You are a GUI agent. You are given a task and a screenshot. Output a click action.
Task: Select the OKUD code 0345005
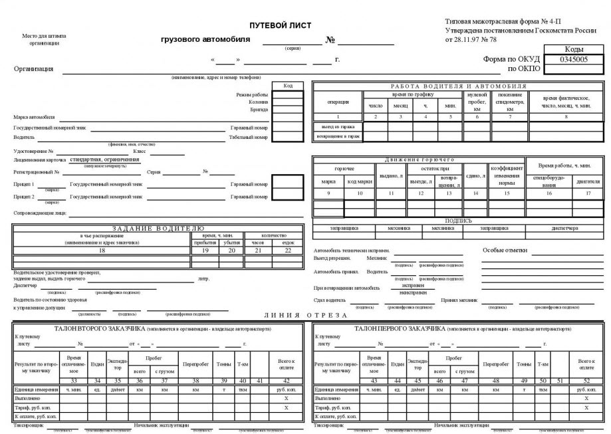pos(574,59)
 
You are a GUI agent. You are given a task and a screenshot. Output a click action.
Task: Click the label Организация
pos(33,68)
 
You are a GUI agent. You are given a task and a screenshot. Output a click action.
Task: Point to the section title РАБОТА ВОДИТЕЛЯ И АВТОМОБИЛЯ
pos(459,86)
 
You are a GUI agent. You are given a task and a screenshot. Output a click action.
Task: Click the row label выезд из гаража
pos(338,126)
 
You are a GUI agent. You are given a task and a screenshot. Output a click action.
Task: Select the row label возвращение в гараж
pos(338,136)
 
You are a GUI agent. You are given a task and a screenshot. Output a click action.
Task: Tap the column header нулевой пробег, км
pos(477,102)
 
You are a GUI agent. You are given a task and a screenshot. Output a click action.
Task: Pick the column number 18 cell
pos(102,251)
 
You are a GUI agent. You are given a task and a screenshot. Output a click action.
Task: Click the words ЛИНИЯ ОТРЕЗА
pos(305,315)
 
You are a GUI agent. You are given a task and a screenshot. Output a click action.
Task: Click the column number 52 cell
pos(586,380)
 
